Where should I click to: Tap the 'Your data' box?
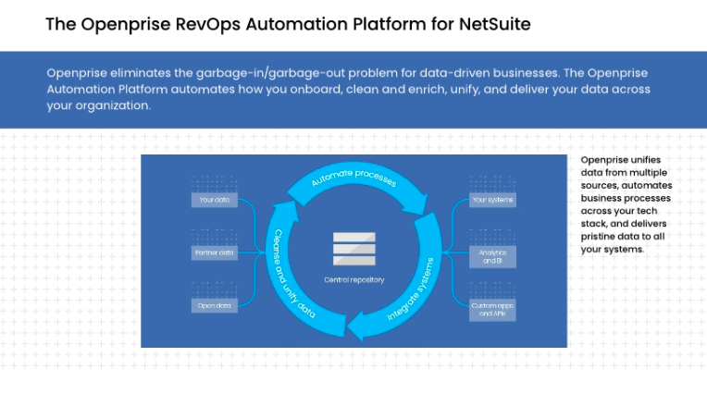pyautogui.click(x=214, y=199)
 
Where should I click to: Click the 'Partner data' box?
pyautogui.click(x=214, y=252)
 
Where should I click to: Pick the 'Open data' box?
pyautogui.click(x=214, y=304)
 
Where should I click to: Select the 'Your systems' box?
pyautogui.click(x=492, y=199)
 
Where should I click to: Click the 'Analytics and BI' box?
pyautogui.click(x=492, y=256)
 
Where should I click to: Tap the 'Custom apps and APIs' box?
pyautogui.click(x=492, y=309)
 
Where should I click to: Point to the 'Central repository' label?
pyautogui.click(x=353, y=279)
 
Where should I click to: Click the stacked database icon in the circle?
pyautogui.click(x=353, y=250)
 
